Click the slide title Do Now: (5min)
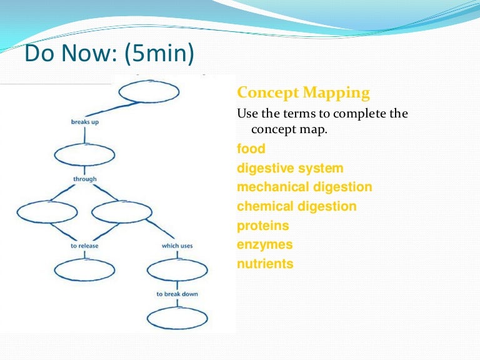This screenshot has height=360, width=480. (x=109, y=53)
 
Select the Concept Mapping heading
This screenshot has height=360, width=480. (x=303, y=93)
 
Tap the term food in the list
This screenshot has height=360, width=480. (x=251, y=149)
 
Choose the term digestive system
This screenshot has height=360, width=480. (x=290, y=169)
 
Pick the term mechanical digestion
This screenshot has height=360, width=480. (x=304, y=187)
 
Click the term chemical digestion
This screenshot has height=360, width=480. (x=297, y=206)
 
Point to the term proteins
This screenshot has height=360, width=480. (x=263, y=226)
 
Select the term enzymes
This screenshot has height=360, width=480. (x=265, y=245)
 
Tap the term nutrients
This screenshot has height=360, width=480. (x=265, y=264)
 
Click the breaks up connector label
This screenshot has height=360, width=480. (x=85, y=122)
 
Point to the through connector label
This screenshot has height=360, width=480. (x=85, y=179)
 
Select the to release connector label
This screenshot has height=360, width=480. (x=84, y=246)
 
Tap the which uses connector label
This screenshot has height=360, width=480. (x=177, y=246)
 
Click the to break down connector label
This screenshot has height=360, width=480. (x=177, y=294)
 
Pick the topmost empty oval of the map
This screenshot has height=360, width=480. (x=149, y=81)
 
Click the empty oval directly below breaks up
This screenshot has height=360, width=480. (x=85, y=144)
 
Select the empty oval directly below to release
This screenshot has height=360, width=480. (x=85, y=260)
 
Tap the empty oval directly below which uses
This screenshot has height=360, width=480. (x=177, y=260)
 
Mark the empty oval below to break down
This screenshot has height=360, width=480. (x=177, y=308)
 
